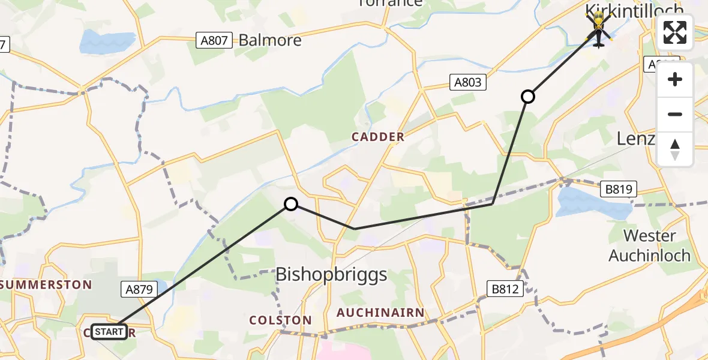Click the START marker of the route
tap(109, 332)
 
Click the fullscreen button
tap(675, 32)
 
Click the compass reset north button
tap(675, 149)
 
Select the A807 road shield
tap(214, 41)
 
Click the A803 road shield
tap(467, 82)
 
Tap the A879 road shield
tap(139, 290)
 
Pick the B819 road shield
tap(617, 190)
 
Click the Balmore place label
tap(270, 41)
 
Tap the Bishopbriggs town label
tap(331, 275)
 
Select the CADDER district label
tap(378, 137)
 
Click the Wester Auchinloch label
tap(649, 245)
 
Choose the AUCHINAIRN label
tap(380, 313)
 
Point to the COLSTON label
tap(281, 320)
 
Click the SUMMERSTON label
tap(47, 284)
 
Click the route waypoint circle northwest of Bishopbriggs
tap(291, 204)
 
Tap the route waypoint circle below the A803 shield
tap(527, 96)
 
